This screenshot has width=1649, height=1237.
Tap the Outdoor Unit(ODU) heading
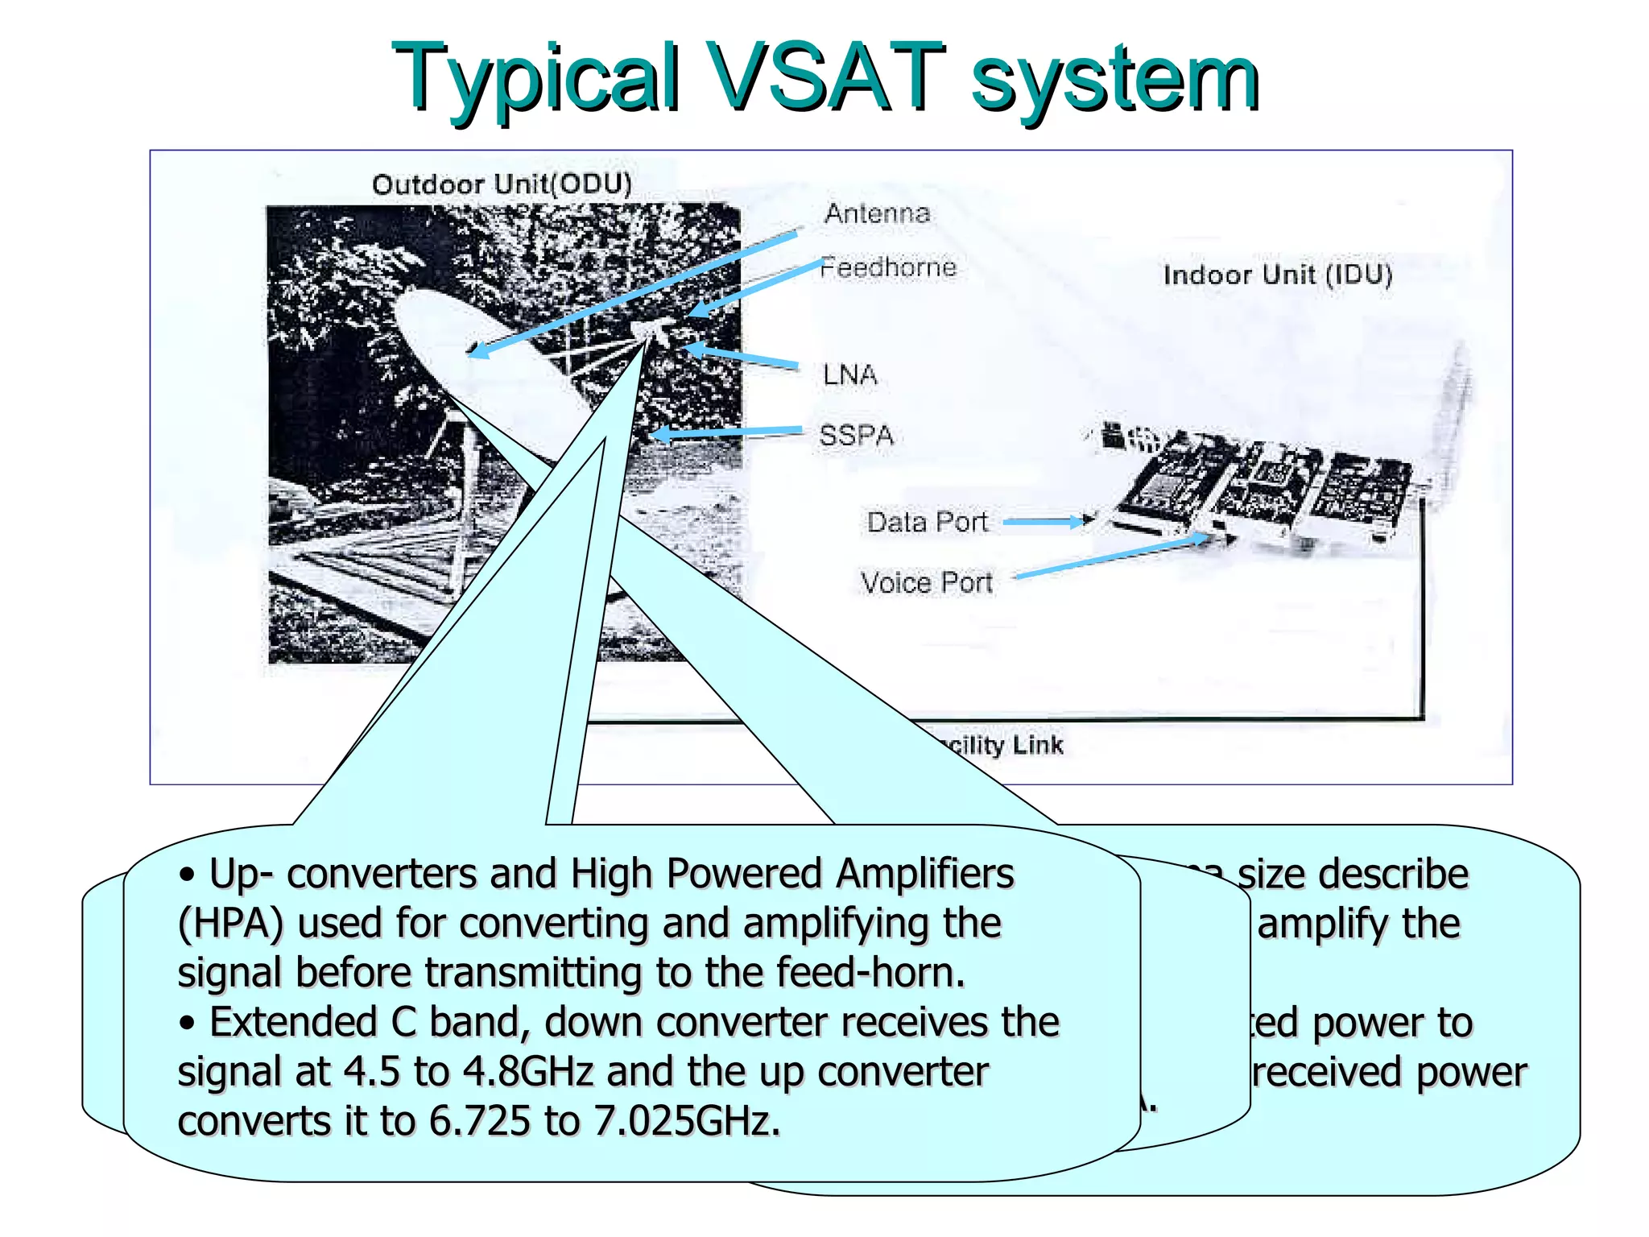[502, 184]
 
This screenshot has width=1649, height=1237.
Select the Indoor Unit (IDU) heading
[1277, 275]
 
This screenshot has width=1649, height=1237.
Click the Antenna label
[877, 213]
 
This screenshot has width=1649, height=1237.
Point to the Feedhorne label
[888, 267]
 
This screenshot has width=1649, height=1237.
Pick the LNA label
[849, 374]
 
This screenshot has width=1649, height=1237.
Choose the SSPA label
[856, 436]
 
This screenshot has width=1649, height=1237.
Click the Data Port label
[927, 522]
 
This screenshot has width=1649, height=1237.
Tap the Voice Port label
[926, 582]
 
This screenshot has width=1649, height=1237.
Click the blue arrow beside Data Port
[1047, 522]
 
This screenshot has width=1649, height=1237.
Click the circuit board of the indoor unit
[1264, 483]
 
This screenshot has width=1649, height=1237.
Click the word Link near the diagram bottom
[1038, 745]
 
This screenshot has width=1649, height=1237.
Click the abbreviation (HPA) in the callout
[230, 924]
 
